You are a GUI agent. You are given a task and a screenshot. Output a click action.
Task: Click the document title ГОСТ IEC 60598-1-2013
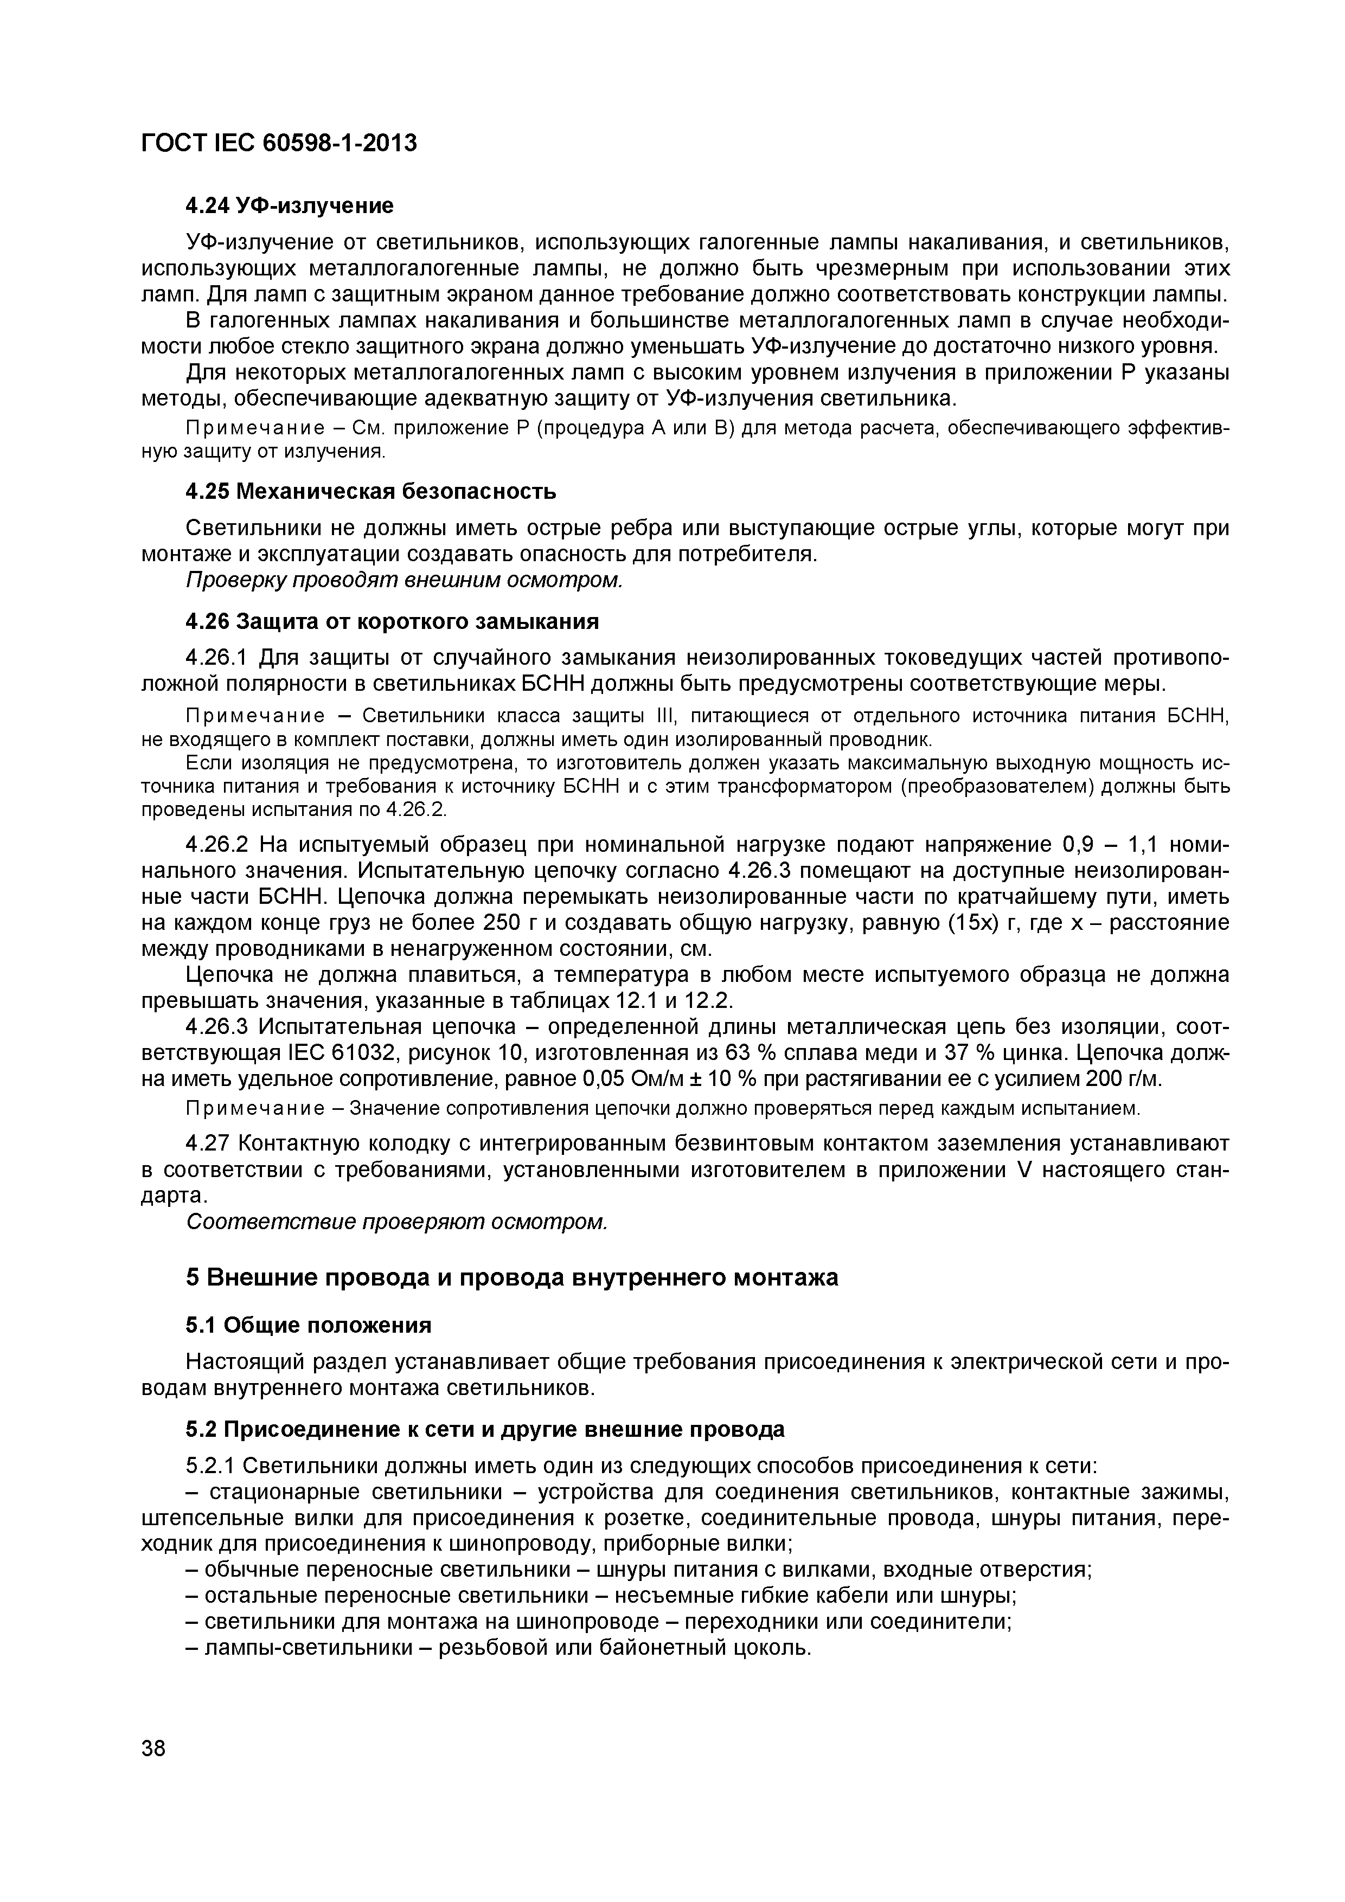[279, 143]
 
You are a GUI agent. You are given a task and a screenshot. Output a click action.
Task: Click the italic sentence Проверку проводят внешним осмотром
[403, 580]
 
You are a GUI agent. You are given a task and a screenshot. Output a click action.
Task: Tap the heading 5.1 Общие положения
[308, 1326]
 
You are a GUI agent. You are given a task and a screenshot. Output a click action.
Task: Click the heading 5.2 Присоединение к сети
[485, 1429]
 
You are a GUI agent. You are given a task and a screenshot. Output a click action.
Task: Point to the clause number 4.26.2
[217, 844]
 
